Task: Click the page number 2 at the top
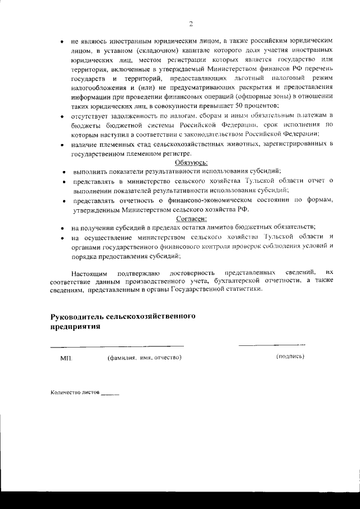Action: [x=191, y=24]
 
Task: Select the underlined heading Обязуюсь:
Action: [x=192, y=163]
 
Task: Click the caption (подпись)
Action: [x=290, y=357]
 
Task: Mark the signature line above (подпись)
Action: [x=272, y=344]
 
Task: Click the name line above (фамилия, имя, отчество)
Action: [x=117, y=345]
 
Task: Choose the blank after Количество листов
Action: [x=110, y=393]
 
